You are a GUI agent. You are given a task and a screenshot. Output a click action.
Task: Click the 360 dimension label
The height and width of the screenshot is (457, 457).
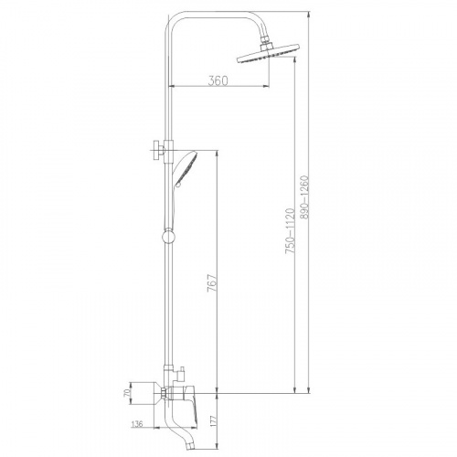[218, 80]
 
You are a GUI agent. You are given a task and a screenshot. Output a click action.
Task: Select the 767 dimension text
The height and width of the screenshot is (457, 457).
[212, 283]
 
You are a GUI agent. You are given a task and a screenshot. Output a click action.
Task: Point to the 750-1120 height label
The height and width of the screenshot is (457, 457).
[290, 231]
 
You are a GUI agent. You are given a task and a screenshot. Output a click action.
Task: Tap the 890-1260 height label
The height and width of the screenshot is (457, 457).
[304, 197]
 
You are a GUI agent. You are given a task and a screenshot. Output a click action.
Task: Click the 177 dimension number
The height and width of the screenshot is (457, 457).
[213, 420]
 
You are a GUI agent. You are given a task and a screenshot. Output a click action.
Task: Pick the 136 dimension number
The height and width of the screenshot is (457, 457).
[137, 424]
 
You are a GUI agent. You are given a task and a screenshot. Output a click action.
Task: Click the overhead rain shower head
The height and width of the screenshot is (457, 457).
[269, 54]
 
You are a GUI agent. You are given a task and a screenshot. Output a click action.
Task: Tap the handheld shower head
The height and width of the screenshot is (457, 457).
[186, 168]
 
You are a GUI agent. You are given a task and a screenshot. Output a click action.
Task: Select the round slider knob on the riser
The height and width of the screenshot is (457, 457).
[169, 237]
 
